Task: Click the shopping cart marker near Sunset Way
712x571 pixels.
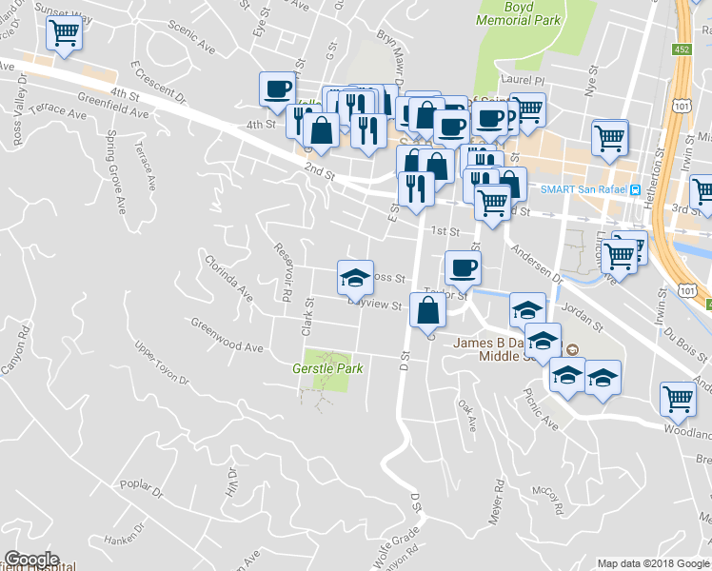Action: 65,33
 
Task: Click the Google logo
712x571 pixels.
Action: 31,560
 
